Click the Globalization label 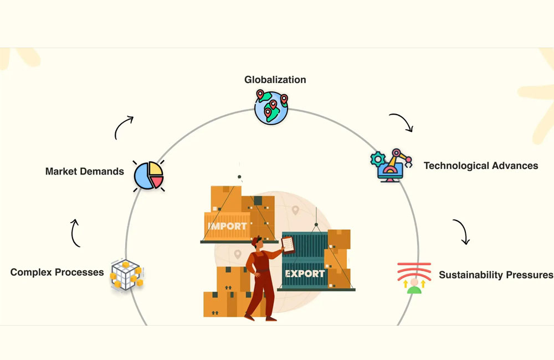pyautogui.click(x=275, y=80)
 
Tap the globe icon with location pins pyautogui.click(x=271, y=107)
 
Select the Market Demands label pyautogui.click(x=84, y=171)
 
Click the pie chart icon pyautogui.click(x=149, y=176)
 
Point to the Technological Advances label pyautogui.click(x=480, y=166)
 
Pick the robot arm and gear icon pyautogui.click(x=391, y=166)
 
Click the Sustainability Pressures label pyautogui.click(x=495, y=275)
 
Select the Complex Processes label pyautogui.click(x=57, y=272)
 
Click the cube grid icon pyautogui.click(x=126, y=274)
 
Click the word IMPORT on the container pyautogui.click(x=227, y=227)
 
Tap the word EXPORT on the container pyautogui.click(x=304, y=274)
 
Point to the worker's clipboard pyautogui.click(x=288, y=244)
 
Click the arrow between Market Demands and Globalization pyautogui.click(x=124, y=127)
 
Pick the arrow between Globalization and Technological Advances pyautogui.click(x=402, y=122)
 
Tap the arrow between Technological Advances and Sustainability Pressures pyautogui.click(x=461, y=232)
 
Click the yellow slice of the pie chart pyautogui.click(x=155, y=168)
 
